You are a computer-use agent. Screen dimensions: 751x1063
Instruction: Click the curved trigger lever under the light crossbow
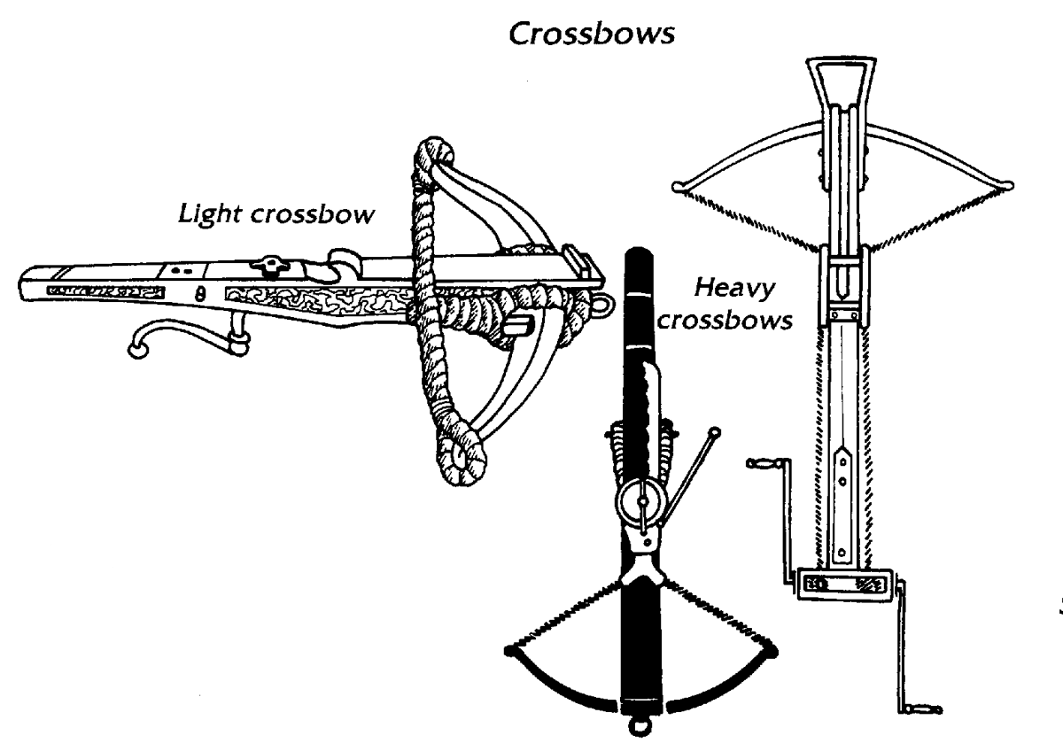coord(168,333)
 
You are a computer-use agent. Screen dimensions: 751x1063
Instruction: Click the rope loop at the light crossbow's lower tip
coord(459,457)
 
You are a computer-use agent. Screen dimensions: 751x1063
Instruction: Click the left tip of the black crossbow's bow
coord(509,651)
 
